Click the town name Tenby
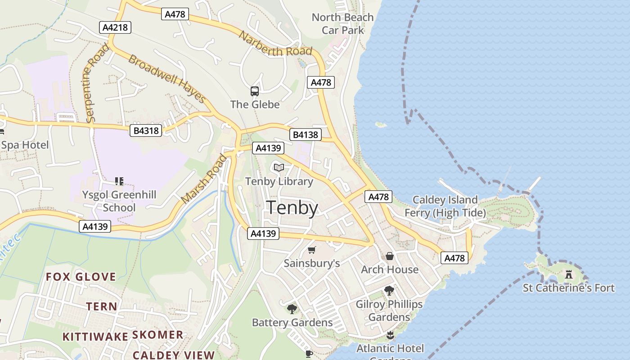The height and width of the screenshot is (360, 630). click(x=292, y=208)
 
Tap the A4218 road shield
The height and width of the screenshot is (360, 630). click(x=115, y=27)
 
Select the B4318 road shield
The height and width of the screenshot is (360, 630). click(x=146, y=130)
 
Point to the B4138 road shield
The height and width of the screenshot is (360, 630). click(x=305, y=135)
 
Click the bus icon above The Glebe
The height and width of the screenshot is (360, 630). click(x=255, y=91)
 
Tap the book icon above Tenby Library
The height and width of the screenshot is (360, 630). click(x=279, y=168)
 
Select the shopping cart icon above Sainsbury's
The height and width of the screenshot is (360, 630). click(x=311, y=250)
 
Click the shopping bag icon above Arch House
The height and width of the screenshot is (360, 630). click(x=390, y=256)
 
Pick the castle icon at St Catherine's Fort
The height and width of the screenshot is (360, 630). click(x=569, y=274)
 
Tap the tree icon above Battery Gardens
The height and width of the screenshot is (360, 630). click(x=292, y=309)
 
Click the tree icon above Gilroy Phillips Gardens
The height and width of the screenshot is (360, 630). click(x=389, y=291)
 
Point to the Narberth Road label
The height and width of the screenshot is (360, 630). click(x=275, y=44)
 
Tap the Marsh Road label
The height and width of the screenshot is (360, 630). click(x=203, y=179)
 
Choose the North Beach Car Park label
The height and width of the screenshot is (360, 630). click(x=343, y=24)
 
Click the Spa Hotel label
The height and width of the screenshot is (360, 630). click(x=25, y=145)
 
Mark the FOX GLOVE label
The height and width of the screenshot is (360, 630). click(x=81, y=276)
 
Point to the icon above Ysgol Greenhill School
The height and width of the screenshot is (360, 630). click(x=119, y=181)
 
